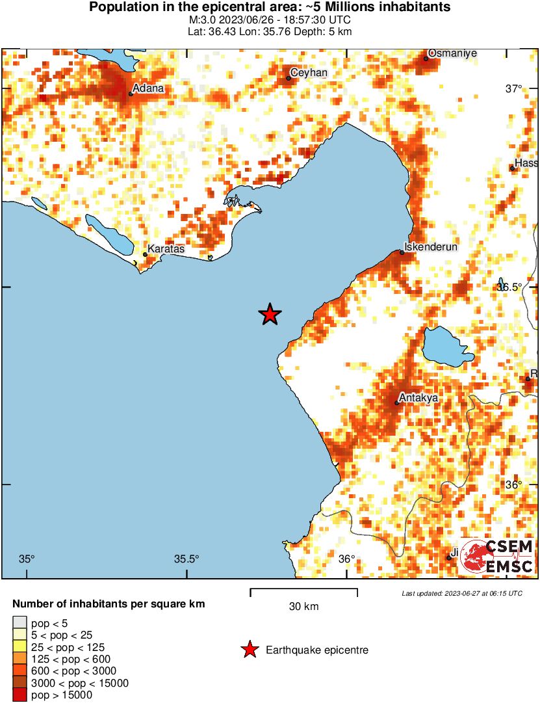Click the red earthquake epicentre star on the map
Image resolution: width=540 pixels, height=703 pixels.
[x=270, y=315]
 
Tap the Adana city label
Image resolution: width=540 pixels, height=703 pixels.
[x=148, y=88]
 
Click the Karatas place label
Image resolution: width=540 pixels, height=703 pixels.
[x=166, y=248]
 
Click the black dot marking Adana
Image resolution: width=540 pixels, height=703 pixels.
[x=131, y=94]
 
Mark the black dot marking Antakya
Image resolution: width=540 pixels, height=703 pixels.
[x=397, y=403]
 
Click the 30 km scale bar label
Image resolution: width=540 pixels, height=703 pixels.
[x=303, y=607]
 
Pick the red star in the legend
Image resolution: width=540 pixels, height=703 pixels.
[x=249, y=650]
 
